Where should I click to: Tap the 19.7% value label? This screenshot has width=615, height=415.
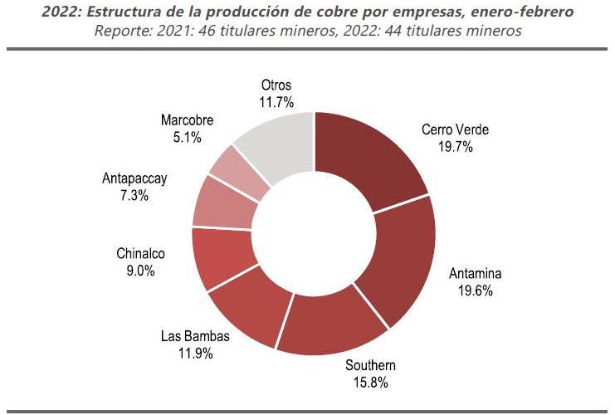tap(455, 146)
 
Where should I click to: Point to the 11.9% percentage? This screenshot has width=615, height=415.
tap(195, 353)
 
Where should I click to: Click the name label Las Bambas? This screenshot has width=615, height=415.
tap(195, 337)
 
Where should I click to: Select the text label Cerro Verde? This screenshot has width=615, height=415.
tap(456, 129)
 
